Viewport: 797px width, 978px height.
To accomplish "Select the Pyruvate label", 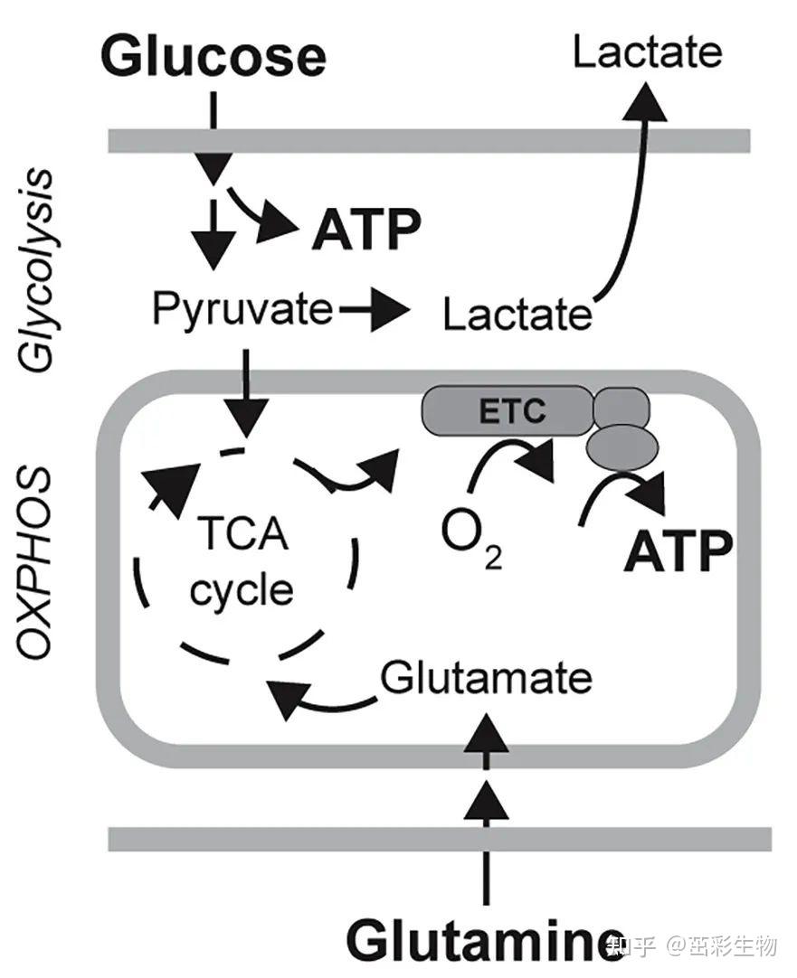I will point(242,310).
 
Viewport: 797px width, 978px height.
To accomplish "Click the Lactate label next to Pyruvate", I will point(517,315).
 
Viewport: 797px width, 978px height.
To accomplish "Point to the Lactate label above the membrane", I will point(647,52).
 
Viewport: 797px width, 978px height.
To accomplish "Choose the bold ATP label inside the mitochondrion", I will point(678,552).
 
